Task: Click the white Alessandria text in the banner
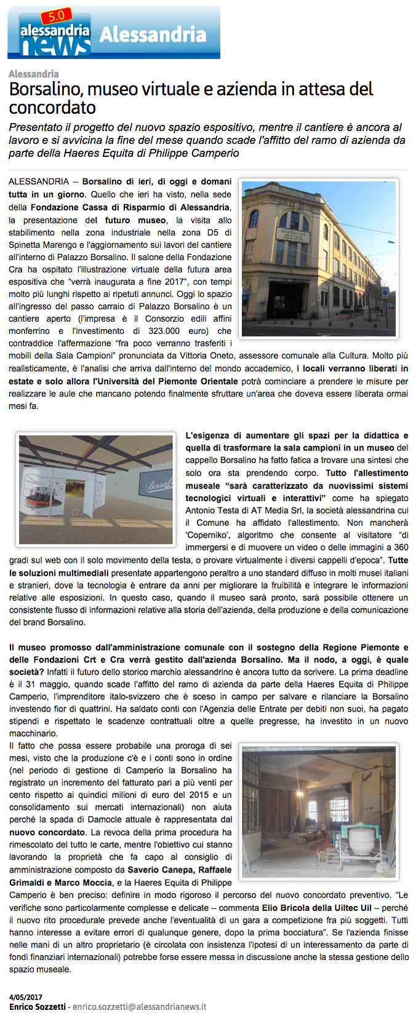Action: [x=153, y=34]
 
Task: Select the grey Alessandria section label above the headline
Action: [x=34, y=74]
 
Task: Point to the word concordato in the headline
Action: [x=52, y=108]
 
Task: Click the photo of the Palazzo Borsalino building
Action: [x=319, y=258]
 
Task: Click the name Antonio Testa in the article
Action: [x=210, y=510]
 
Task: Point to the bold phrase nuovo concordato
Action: [x=47, y=832]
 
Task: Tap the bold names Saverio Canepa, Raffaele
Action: [x=180, y=870]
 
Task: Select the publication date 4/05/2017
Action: [x=26, y=997]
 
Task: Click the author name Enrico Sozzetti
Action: [x=38, y=1007]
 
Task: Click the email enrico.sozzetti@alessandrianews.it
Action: [x=140, y=1007]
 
